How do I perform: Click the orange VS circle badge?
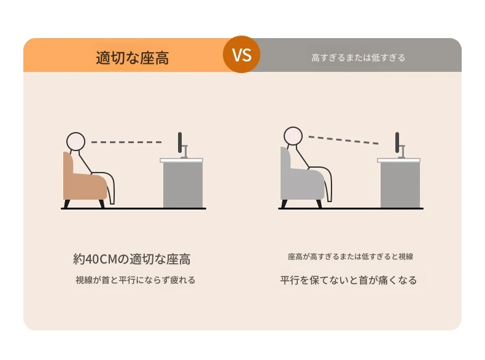pyautogui.click(x=241, y=55)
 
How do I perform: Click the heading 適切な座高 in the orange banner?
pyautogui.click(x=133, y=58)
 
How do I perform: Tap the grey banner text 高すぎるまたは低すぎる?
pyautogui.click(x=358, y=58)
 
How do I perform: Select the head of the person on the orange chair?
pyautogui.click(x=76, y=141)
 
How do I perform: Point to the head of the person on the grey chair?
pyautogui.click(x=293, y=136)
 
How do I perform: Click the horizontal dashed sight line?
pyautogui.click(x=126, y=142)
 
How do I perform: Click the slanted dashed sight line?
pyautogui.click(x=343, y=140)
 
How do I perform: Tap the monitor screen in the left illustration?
pyautogui.click(x=180, y=143)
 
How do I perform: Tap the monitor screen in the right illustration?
pyautogui.click(x=397, y=143)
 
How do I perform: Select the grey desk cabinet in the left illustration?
pyautogui.click(x=183, y=185)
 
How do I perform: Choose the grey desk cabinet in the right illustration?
pyautogui.click(x=400, y=185)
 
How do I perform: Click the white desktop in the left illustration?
pyautogui.click(x=181, y=160)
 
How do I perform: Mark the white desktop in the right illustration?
pyautogui.click(x=398, y=160)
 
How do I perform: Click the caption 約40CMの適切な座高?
pyautogui.click(x=132, y=259)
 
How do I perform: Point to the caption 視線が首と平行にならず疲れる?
pyautogui.click(x=136, y=280)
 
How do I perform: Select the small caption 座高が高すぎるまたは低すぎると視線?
pyautogui.click(x=351, y=257)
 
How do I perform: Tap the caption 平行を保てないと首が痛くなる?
pyautogui.click(x=349, y=280)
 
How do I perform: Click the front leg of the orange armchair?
pyautogui.click(x=102, y=204)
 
